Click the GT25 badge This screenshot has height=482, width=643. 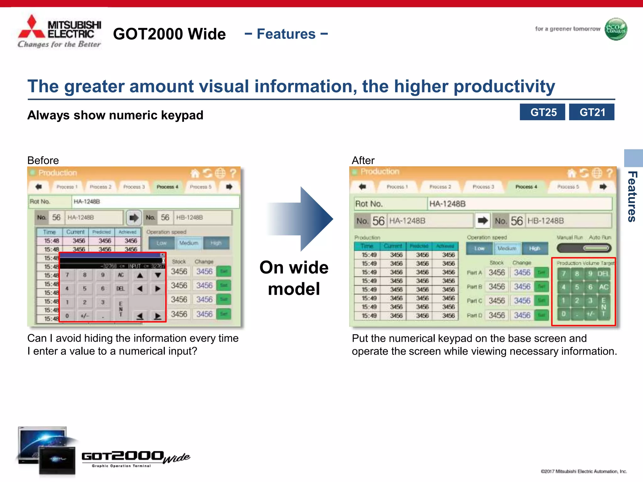pyautogui.click(x=542, y=112)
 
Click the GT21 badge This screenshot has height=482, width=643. pyautogui.click(x=592, y=112)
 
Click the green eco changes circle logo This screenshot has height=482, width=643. pyautogui.click(x=616, y=29)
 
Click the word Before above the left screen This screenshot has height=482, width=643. pyautogui.click(x=43, y=160)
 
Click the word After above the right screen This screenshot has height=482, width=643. pyautogui.click(x=363, y=160)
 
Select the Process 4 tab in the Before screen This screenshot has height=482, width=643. pyautogui.click(x=167, y=187)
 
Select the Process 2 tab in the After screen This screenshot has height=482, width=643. pyautogui.click(x=440, y=187)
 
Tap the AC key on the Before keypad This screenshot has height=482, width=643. pyautogui.click(x=121, y=275)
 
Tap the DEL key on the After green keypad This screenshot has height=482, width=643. pyautogui.click(x=603, y=274)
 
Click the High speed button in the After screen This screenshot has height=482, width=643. pyautogui.click(x=535, y=249)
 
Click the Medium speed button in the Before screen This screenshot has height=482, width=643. pyautogui.click(x=189, y=243)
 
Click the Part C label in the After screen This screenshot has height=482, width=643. pyautogui.click(x=474, y=301)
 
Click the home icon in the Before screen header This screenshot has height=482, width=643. pyautogui.click(x=195, y=173)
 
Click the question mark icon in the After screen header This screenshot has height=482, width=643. pyautogui.click(x=609, y=173)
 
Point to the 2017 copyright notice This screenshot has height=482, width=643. pyautogui.click(x=584, y=471)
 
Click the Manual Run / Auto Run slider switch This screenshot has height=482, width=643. pyautogui.click(x=584, y=248)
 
